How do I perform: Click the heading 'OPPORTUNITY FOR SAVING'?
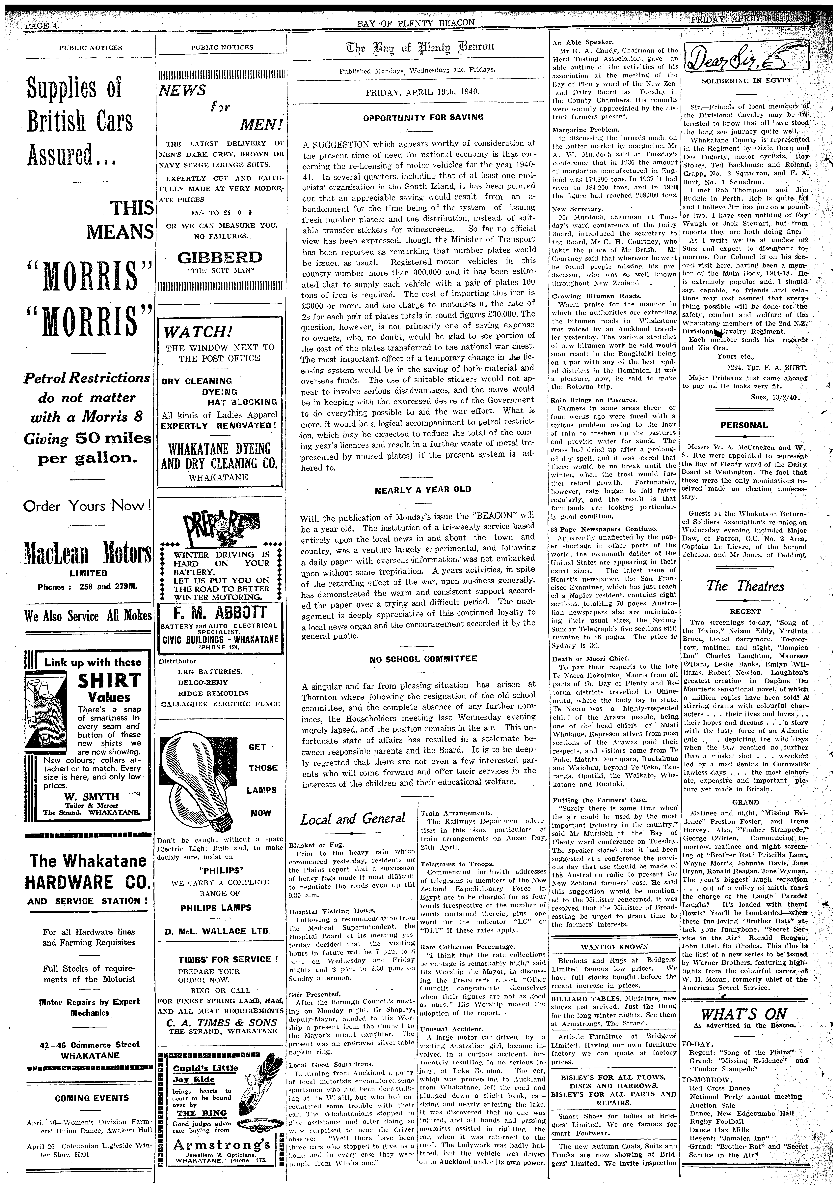pos(423,117)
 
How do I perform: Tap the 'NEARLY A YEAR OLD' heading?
pos(423,489)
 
